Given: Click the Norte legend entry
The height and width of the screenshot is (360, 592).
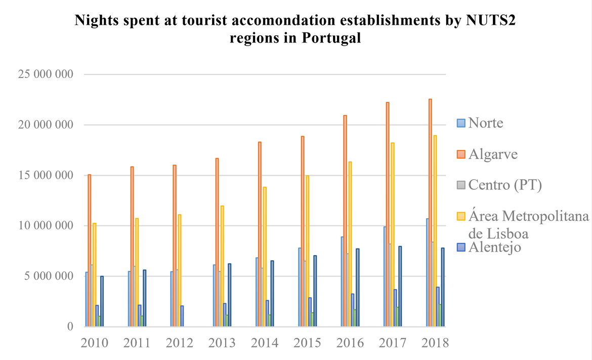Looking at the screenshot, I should coord(485,123).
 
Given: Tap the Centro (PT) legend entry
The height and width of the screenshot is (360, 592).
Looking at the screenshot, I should coord(504,185).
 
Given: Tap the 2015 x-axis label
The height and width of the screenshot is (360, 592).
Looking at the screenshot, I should coord(307,343).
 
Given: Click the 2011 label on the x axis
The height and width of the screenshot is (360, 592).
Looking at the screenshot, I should coord(137,343).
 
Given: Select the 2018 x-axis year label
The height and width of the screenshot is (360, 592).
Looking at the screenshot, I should coord(435,343).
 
